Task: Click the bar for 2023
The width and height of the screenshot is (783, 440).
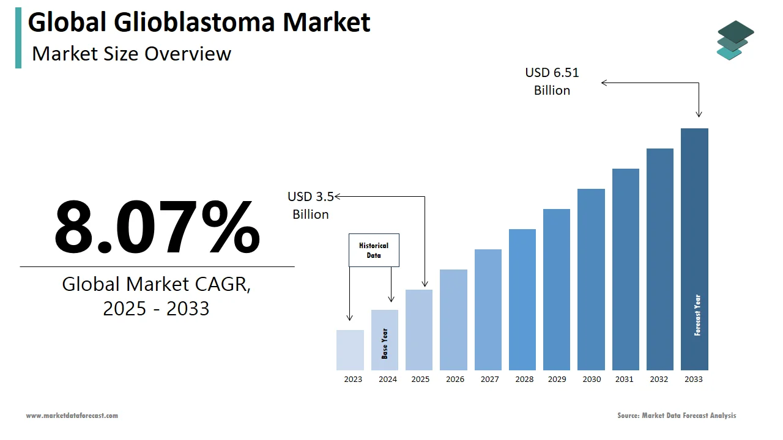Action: (x=350, y=350)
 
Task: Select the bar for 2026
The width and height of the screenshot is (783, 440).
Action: (x=453, y=320)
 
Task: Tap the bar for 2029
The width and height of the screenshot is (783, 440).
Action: (x=557, y=290)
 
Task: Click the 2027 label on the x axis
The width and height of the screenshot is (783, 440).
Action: (x=489, y=380)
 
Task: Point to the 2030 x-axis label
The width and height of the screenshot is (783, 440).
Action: (x=592, y=380)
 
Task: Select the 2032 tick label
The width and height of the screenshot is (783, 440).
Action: (x=659, y=380)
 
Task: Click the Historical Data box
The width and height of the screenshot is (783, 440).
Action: (x=374, y=250)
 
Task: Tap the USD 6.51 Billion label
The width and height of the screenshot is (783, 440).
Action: (x=552, y=81)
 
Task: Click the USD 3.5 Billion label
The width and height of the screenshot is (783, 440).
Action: (x=311, y=205)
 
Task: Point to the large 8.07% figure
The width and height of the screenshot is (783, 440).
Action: (x=157, y=227)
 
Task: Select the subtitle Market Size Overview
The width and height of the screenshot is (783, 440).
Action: (x=132, y=54)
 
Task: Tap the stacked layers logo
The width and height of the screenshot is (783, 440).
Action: (x=735, y=40)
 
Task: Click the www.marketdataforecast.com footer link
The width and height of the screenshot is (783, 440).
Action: (x=72, y=416)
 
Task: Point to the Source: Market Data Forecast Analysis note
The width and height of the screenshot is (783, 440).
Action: (x=677, y=416)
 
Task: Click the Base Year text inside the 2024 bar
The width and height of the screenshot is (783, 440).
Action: (x=385, y=343)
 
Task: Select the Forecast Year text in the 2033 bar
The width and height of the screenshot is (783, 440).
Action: (x=697, y=315)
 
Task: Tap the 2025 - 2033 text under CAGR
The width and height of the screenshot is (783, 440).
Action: (x=156, y=309)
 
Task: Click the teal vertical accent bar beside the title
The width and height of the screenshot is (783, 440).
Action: (x=18, y=38)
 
